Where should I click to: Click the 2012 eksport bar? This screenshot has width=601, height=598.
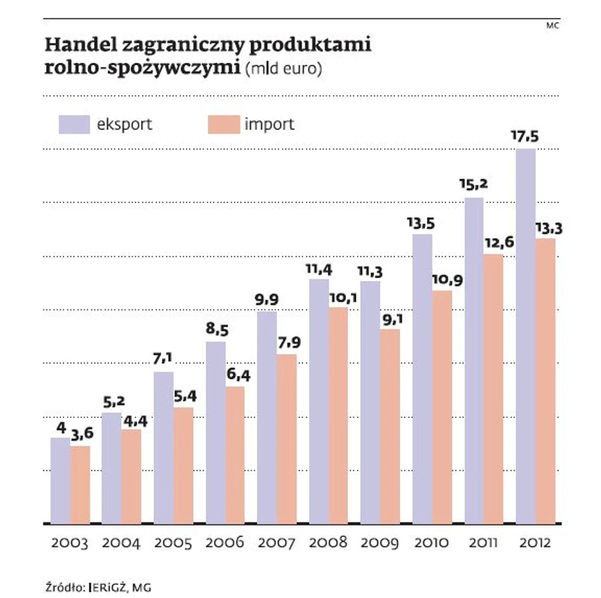tap(525, 336)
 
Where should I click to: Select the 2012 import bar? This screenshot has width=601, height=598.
tap(545, 380)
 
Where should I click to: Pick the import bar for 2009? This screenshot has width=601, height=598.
tap(390, 426)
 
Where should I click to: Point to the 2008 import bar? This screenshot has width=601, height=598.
tap(338, 415)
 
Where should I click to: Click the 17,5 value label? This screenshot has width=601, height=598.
tap(526, 138)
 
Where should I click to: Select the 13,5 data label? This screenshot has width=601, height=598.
tap(421, 223)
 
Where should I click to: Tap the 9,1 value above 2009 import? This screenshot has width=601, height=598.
tap(390, 318)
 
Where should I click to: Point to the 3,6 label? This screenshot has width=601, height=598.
tap(84, 434)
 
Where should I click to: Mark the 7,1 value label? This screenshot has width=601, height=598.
tap(164, 361)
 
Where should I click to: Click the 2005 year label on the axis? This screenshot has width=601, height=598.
tap(172, 543)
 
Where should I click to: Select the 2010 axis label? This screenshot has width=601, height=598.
tap(432, 543)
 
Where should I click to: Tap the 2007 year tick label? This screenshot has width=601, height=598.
tap(275, 543)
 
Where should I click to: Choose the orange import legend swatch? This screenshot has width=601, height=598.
tap(222, 124)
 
